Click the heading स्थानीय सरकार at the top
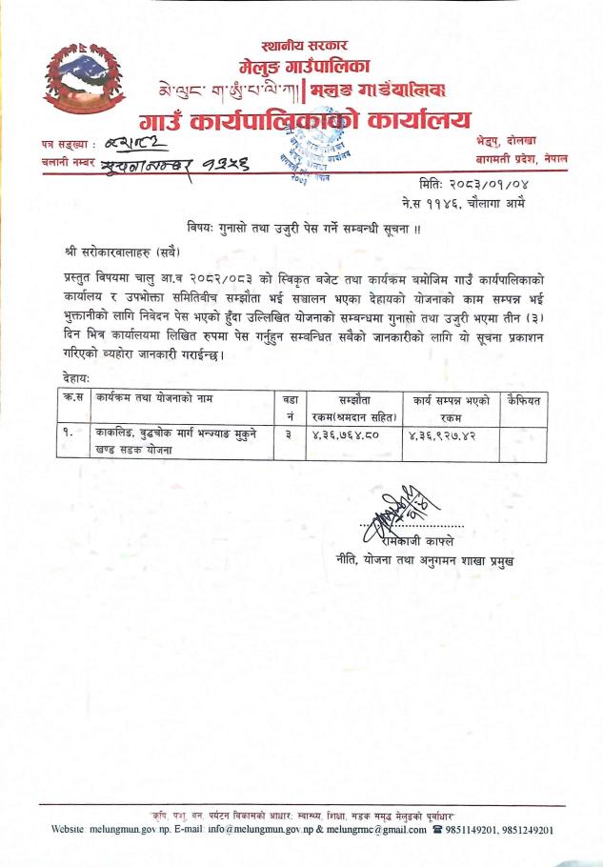(304, 45)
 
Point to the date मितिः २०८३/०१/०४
(469, 183)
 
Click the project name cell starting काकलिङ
(173, 439)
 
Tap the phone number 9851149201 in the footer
(480, 830)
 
